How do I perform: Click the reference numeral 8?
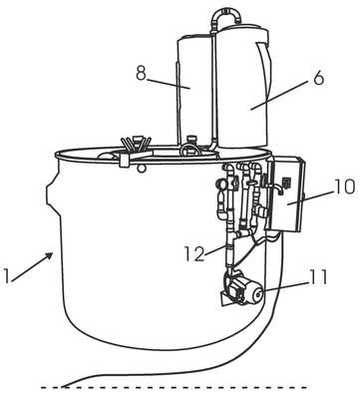141,73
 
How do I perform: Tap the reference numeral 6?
318,78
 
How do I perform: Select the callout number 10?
344,187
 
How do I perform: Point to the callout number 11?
318,277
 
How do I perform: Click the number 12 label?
194,253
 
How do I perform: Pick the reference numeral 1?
6,275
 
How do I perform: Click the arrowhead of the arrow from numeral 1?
49,255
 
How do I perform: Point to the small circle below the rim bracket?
142,169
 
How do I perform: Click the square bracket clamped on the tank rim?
125,160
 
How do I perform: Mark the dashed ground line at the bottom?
174,387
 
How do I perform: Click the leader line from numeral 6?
282,95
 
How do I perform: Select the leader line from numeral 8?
169,84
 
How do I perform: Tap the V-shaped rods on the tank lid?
137,144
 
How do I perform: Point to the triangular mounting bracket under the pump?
226,297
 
